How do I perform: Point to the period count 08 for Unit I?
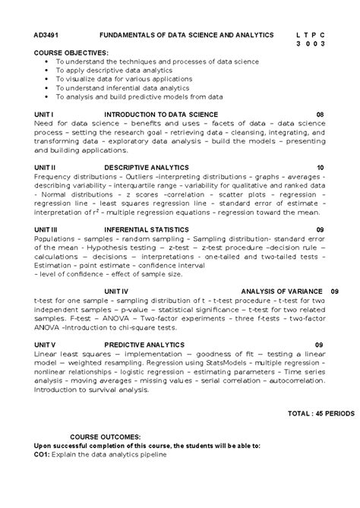(320, 114)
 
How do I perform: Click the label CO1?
(43, 455)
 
